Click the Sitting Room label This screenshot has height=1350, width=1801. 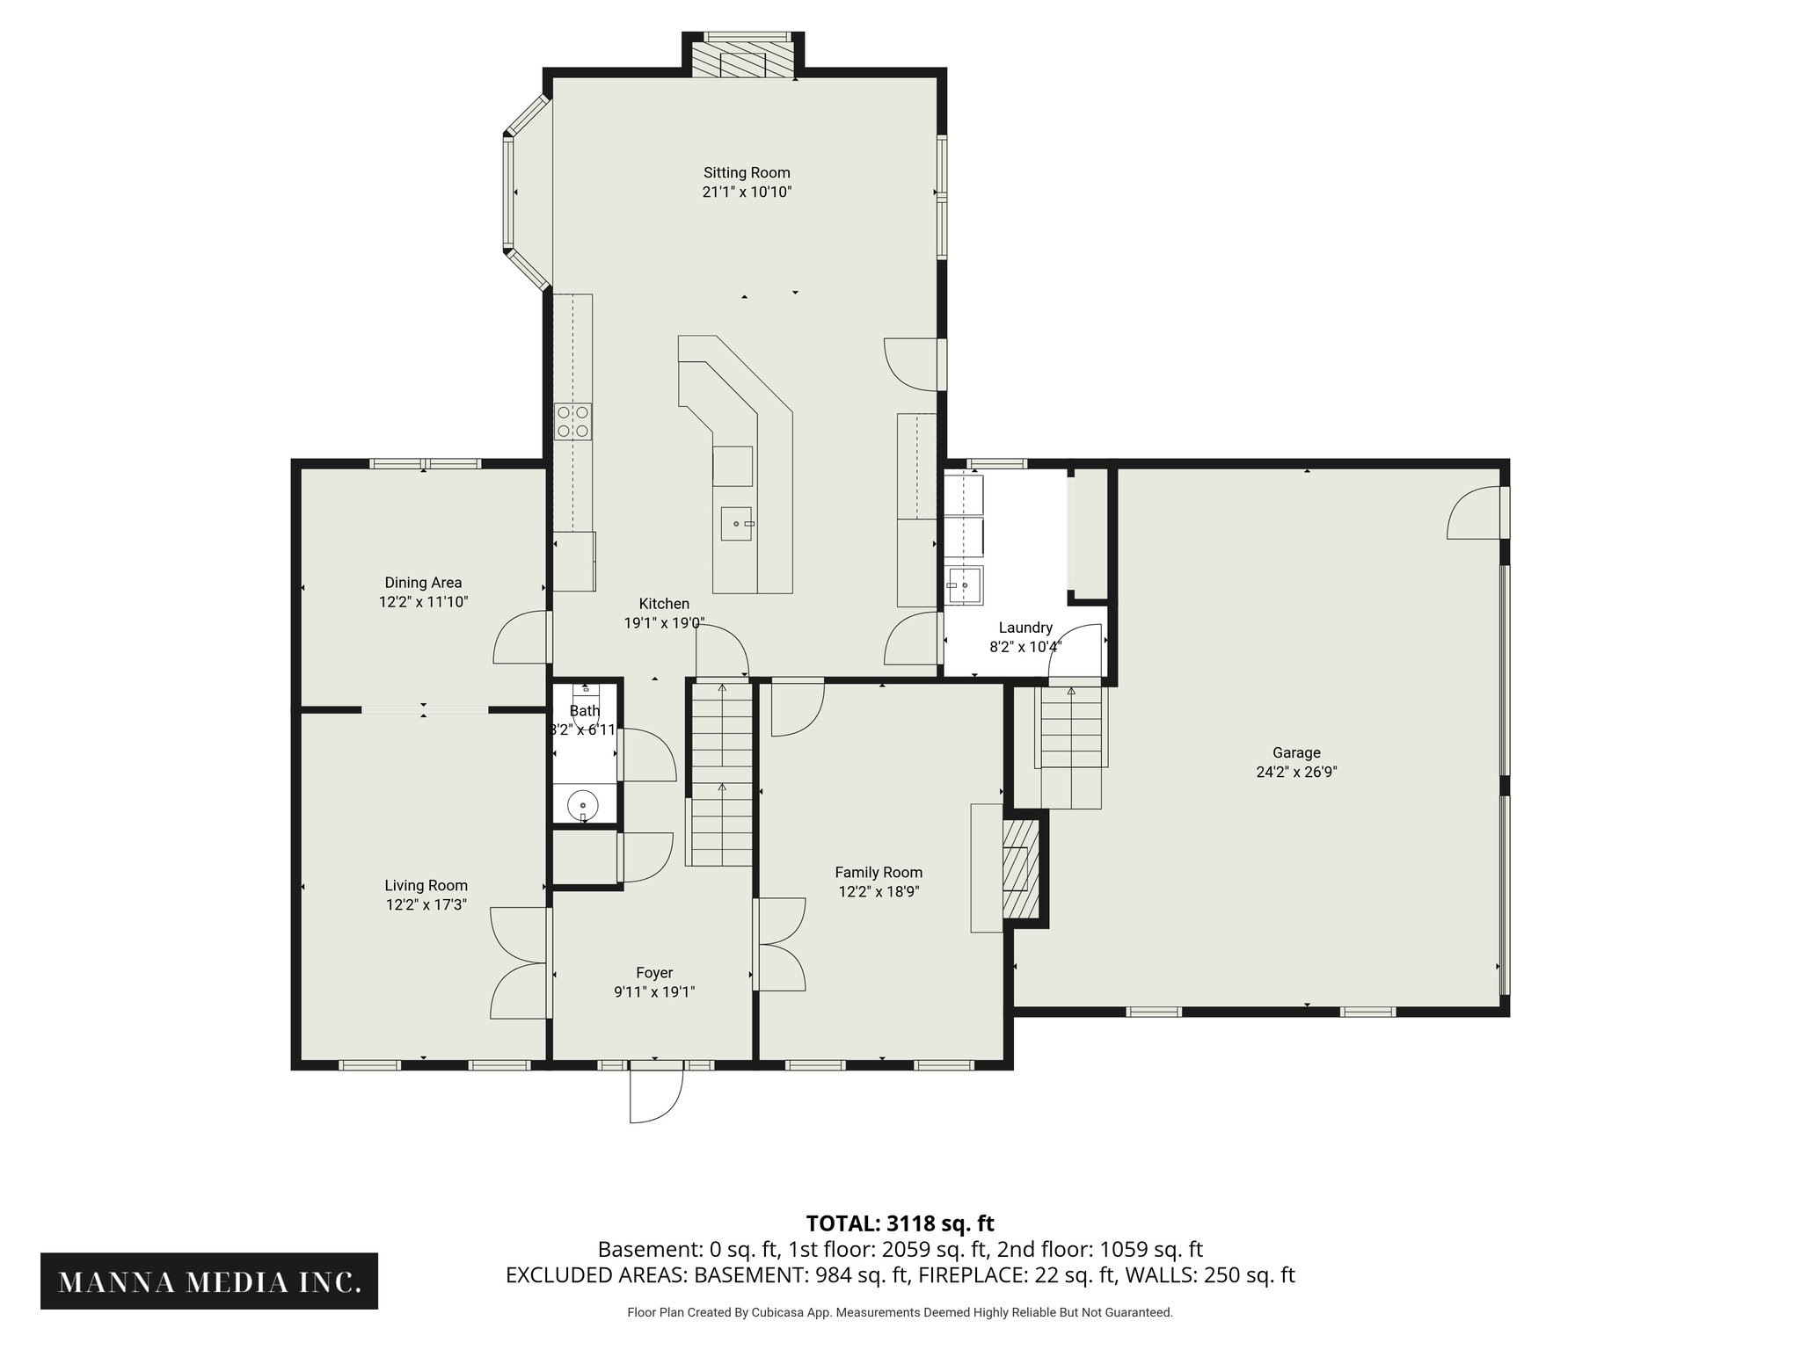pos(747,173)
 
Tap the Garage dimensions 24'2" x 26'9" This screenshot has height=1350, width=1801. pos(1296,773)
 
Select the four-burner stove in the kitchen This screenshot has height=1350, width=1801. pos(572,421)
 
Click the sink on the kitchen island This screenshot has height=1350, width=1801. pos(737,524)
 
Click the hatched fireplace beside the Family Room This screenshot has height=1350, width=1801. pos(1020,868)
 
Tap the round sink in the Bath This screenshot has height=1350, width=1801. pos(582,804)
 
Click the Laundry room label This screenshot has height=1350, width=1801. pos(1025,628)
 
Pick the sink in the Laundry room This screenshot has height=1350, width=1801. pos(965,585)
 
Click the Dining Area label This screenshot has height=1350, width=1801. pos(423,583)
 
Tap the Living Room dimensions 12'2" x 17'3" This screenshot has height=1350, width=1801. pos(426,904)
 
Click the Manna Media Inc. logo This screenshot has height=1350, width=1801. pos(209,1282)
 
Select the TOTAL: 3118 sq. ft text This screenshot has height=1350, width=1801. pos(900,1223)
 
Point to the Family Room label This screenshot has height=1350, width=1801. pos(879,873)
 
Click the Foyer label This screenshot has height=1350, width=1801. pos(654,973)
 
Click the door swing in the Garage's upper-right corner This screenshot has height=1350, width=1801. pos(1474,515)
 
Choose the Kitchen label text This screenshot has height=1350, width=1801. pos(664,604)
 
